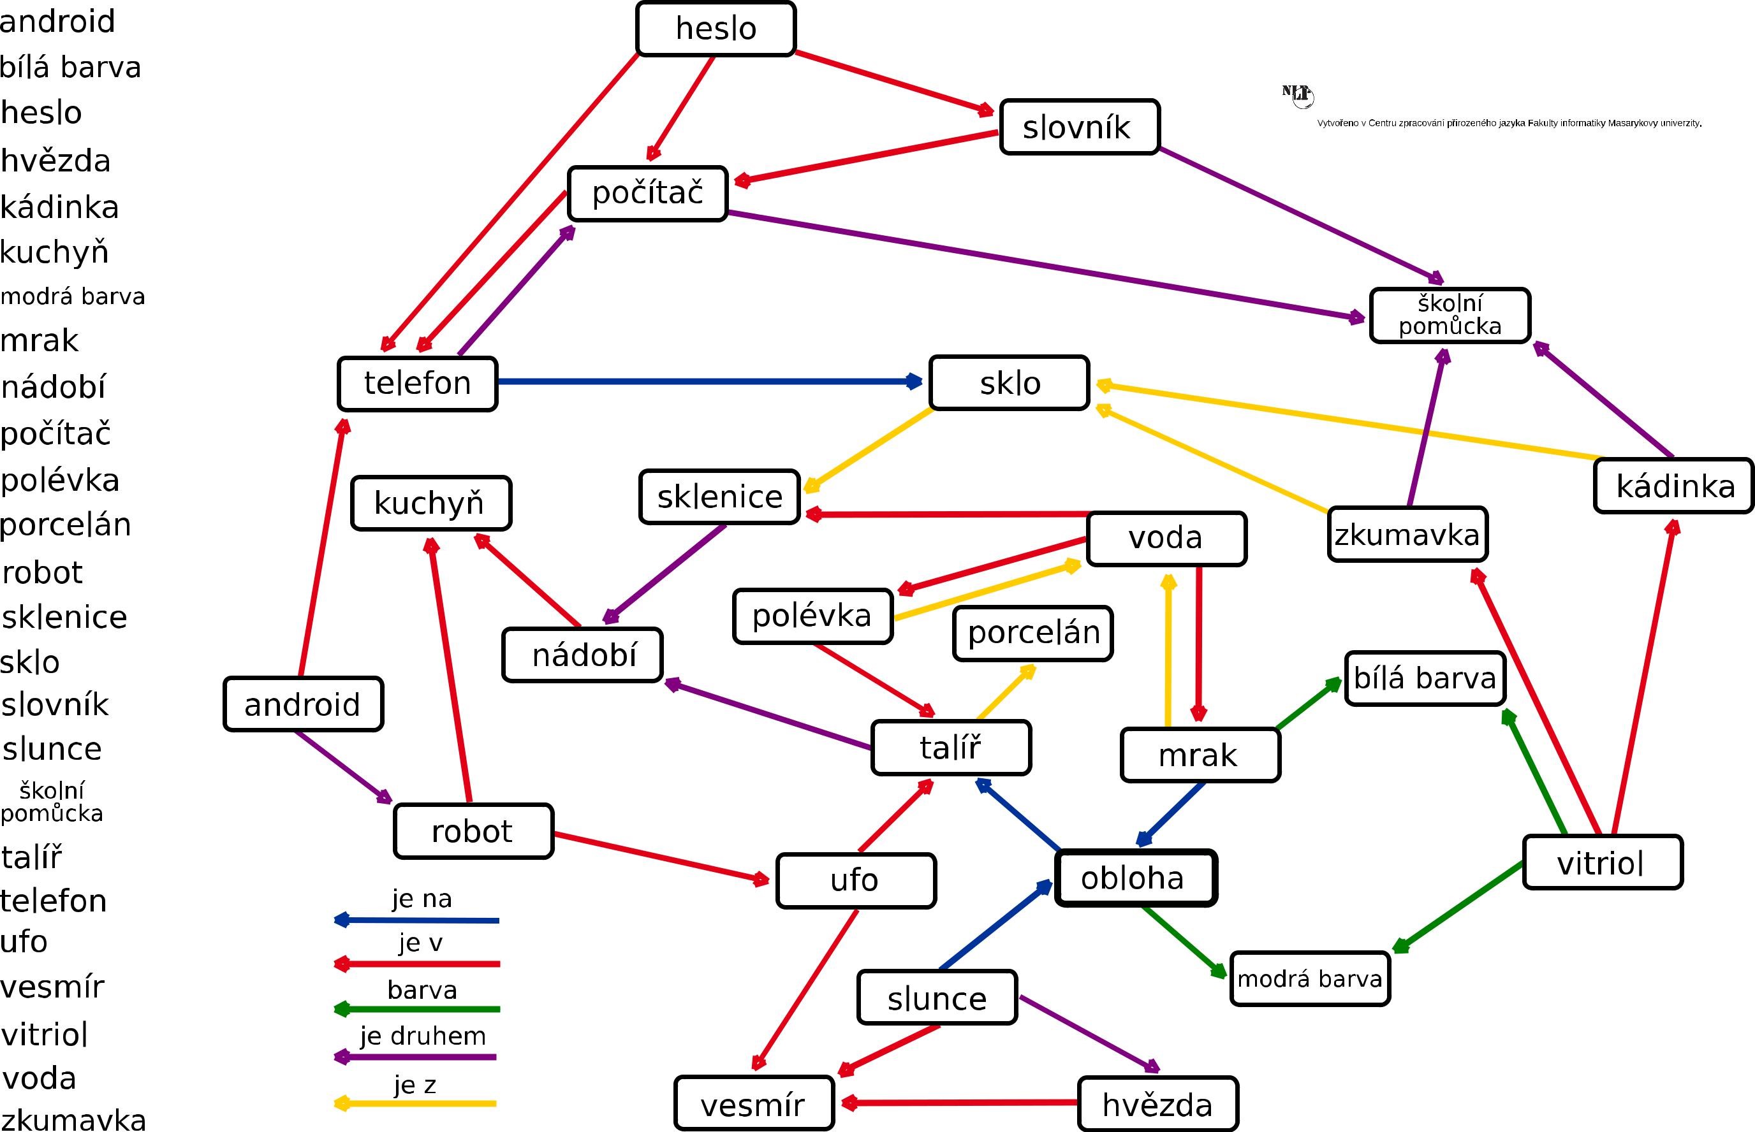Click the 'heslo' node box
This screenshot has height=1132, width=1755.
[716, 29]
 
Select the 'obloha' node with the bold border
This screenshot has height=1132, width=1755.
[1135, 878]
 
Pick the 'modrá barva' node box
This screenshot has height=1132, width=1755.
[1309, 978]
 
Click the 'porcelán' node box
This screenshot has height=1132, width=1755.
[1032, 633]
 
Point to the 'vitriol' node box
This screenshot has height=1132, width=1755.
[1602, 862]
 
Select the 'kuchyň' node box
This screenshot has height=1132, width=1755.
[431, 503]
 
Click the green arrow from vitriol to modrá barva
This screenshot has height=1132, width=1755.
[1460, 906]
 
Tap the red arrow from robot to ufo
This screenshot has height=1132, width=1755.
[662, 857]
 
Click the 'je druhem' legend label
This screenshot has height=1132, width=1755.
[423, 1036]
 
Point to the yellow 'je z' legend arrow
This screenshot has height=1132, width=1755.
[415, 1103]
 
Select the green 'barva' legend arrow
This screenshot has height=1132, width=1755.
[417, 1009]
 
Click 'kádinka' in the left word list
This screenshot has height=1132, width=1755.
[59, 207]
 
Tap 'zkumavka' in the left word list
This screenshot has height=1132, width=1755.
[73, 1119]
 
